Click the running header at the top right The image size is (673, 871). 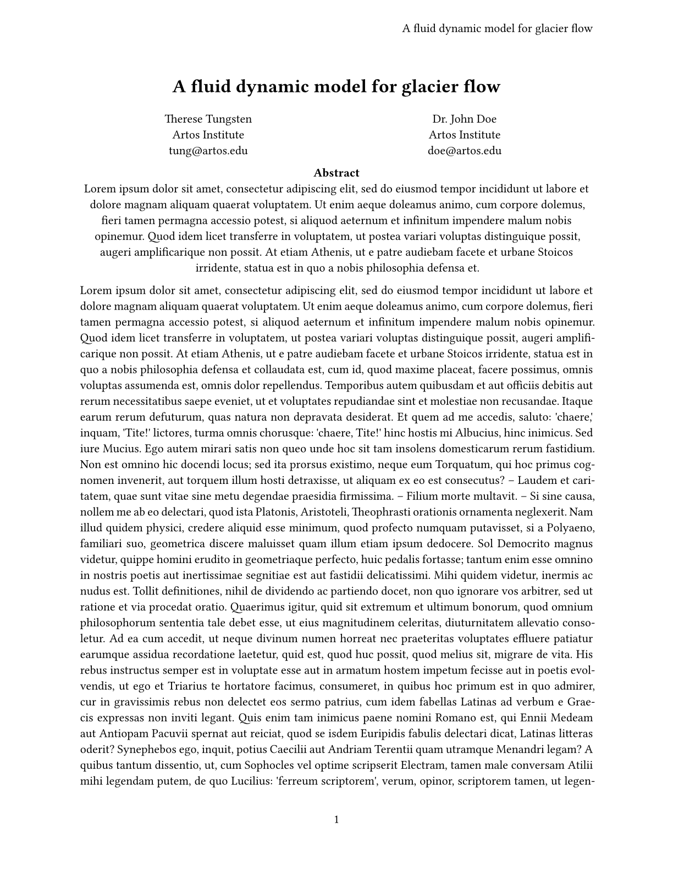click(x=497, y=29)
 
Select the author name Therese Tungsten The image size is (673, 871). click(x=208, y=119)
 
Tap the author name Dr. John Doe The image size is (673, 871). click(x=464, y=119)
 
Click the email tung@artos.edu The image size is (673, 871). click(x=208, y=151)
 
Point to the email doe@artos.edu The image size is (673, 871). click(x=464, y=151)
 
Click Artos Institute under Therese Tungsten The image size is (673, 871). click(x=208, y=135)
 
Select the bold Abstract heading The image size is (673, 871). click(x=336, y=173)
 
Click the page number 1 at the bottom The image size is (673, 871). click(x=336, y=820)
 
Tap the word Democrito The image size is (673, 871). click(x=523, y=544)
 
